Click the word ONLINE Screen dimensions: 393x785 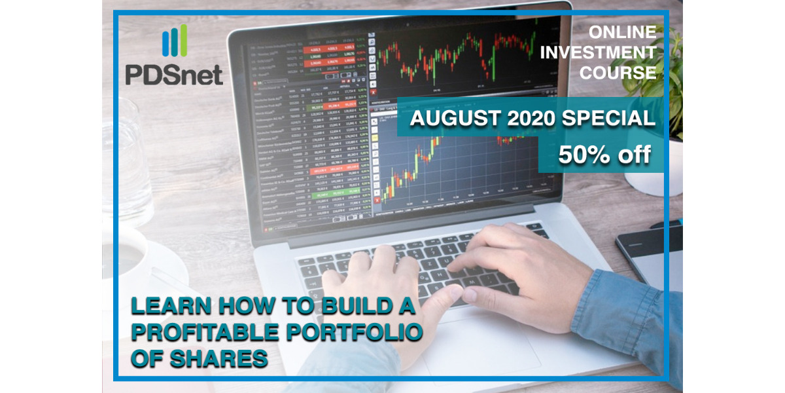click(x=622, y=32)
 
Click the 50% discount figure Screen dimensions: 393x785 click(x=605, y=155)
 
